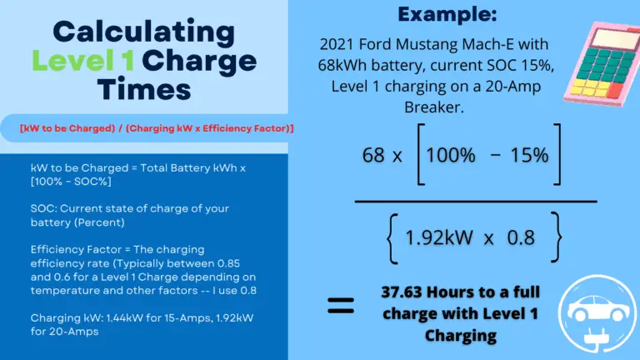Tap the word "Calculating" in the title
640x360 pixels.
pyautogui.click(x=143, y=32)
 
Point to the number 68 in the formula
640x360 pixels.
pyautogui.click(x=372, y=156)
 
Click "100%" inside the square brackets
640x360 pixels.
pyautogui.click(x=455, y=156)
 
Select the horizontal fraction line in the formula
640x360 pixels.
pyautogui.click(x=476, y=201)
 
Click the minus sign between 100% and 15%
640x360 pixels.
pyautogui.click(x=497, y=156)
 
